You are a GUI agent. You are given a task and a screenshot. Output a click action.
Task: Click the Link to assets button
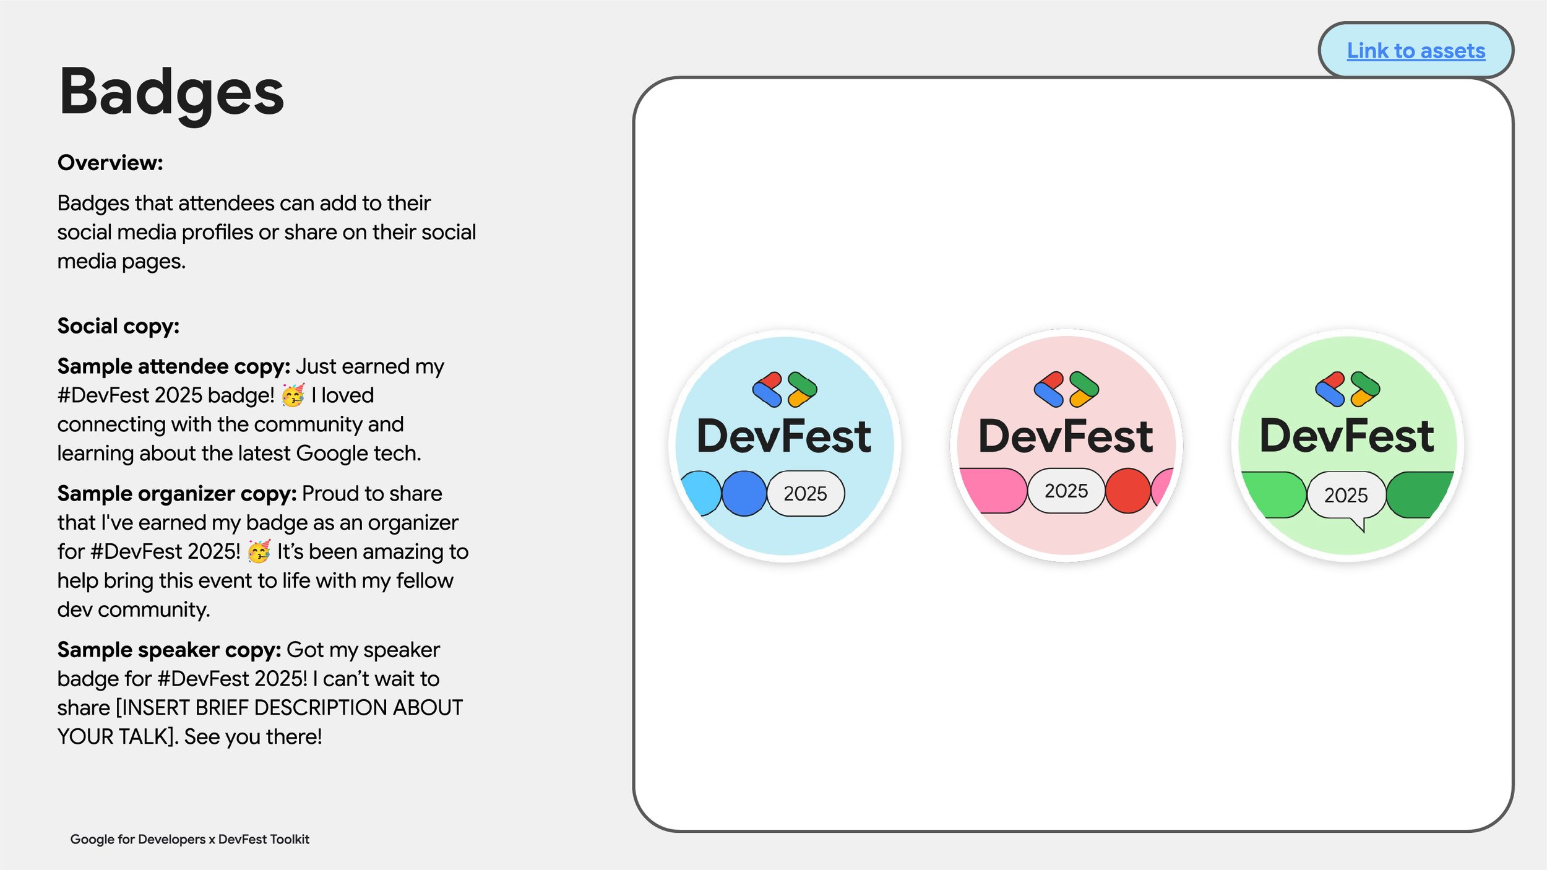1415,51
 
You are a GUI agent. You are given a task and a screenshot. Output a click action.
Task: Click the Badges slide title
171,93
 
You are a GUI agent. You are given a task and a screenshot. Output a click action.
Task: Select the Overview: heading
110,163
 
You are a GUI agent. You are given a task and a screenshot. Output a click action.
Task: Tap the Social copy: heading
118,326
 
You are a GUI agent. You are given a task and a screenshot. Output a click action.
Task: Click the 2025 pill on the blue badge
805,494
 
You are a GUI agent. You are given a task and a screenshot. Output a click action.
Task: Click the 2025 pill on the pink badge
1066,491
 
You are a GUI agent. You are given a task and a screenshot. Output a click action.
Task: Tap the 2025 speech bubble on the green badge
1346,495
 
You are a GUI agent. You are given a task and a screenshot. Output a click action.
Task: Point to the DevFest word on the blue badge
784,436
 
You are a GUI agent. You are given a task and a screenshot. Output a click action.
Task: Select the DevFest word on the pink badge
1066,436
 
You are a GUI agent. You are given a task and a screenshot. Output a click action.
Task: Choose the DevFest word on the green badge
1347,436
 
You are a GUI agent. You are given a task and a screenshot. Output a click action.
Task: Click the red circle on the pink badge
1127,491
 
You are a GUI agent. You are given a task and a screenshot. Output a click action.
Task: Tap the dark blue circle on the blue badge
744,494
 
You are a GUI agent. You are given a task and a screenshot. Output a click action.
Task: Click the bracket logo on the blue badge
785,390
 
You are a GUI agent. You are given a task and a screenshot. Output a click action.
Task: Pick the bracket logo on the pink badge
1066,390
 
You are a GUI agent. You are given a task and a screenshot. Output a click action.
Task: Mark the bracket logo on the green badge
1347,389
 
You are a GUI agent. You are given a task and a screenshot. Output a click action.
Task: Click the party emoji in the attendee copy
293,395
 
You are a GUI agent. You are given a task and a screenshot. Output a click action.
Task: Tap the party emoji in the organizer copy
259,551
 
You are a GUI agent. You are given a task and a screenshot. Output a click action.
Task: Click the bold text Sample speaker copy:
169,650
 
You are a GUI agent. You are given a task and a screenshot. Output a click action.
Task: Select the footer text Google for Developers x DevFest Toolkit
189,839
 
